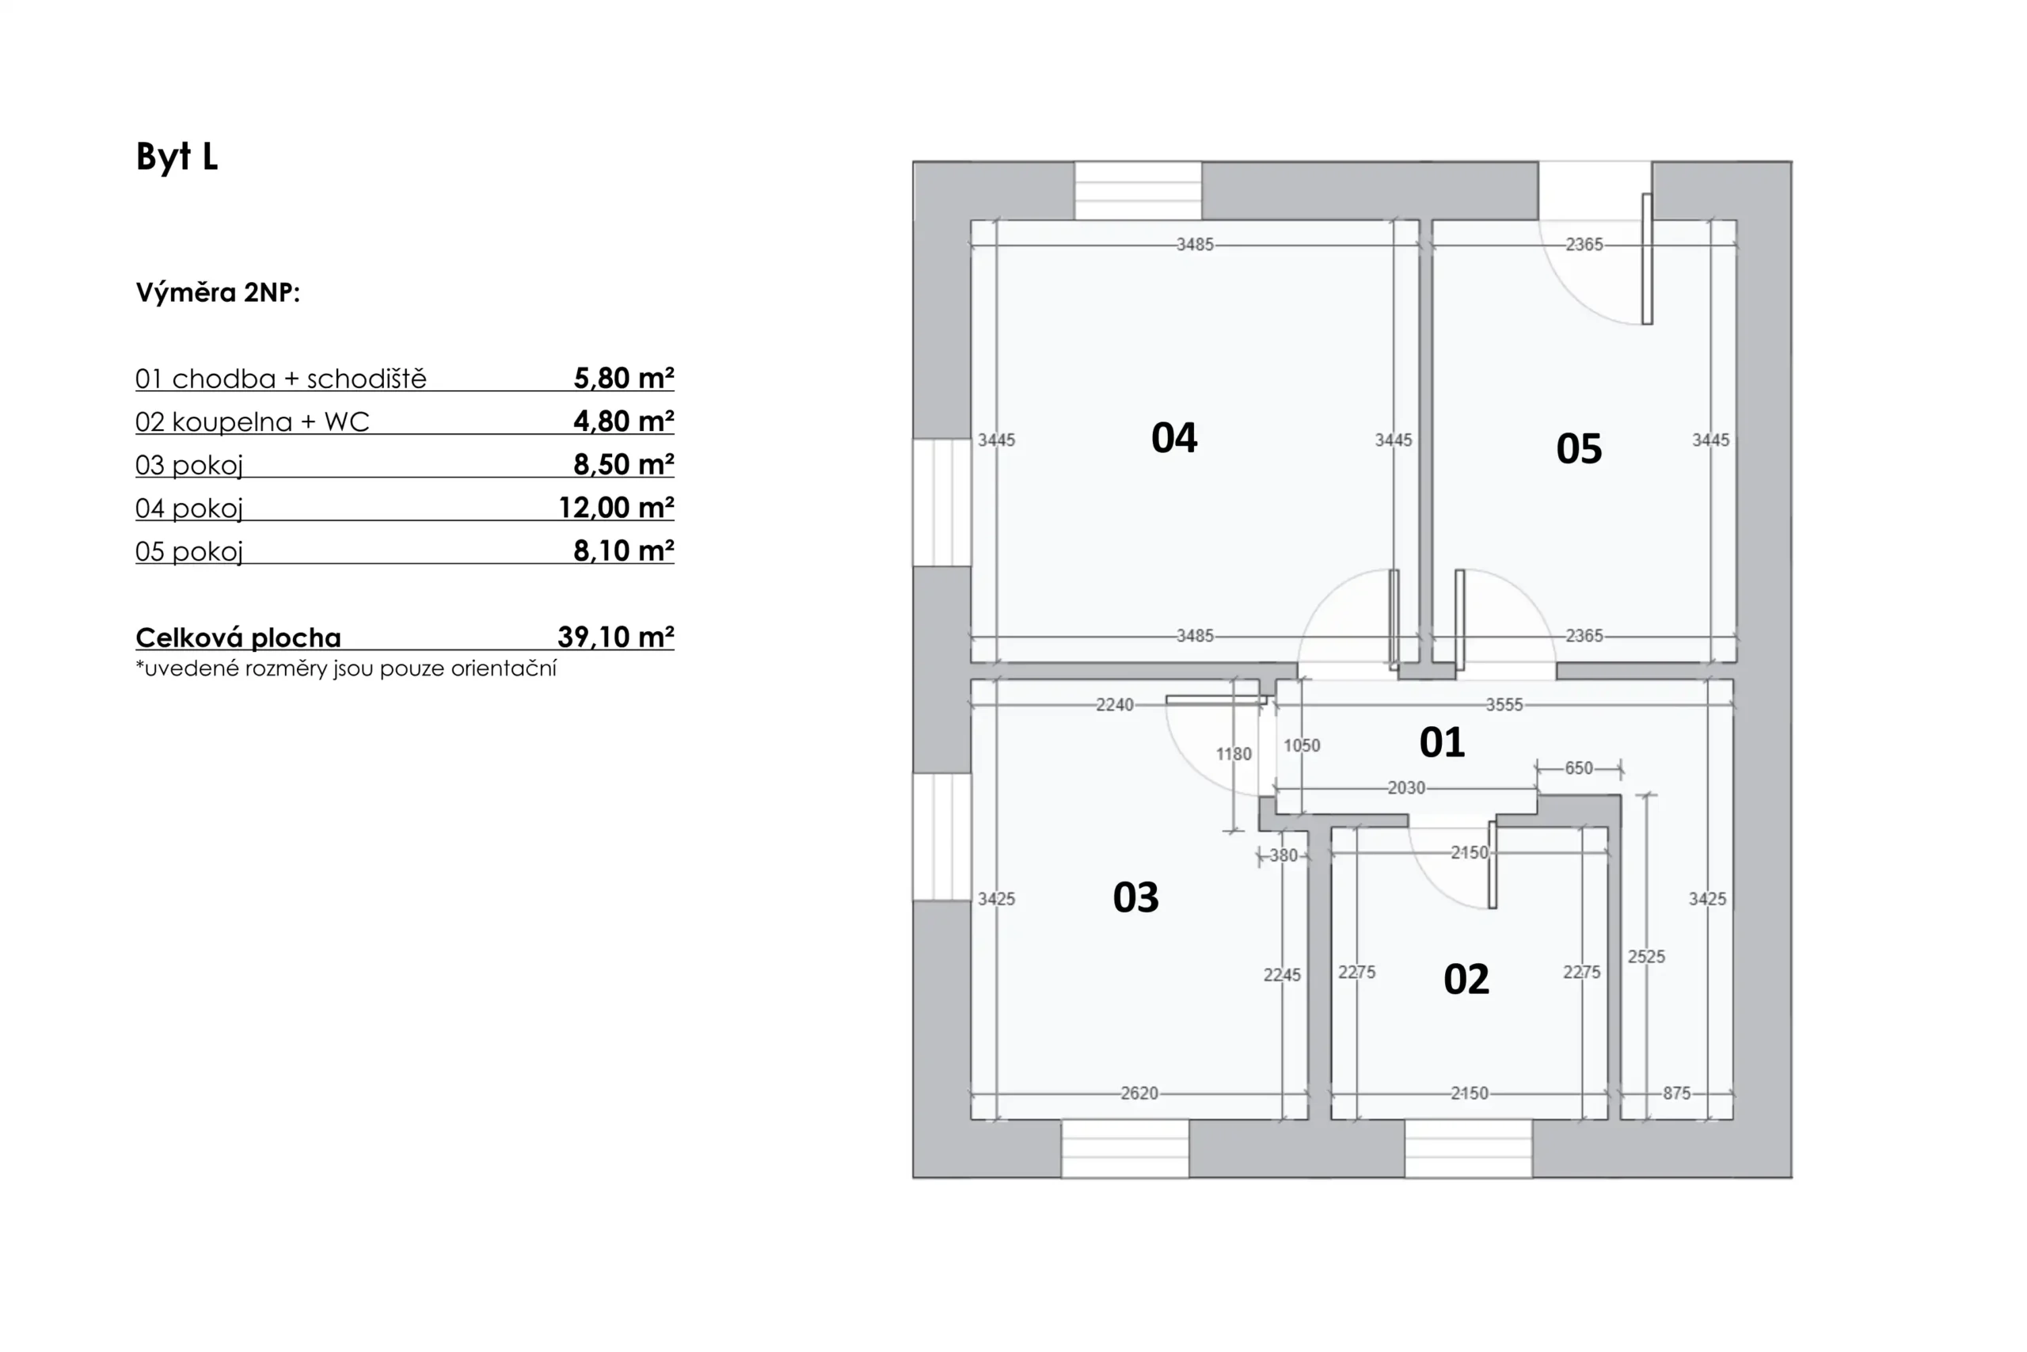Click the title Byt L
pyautogui.click(x=177, y=157)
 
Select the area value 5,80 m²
pyautogui.click(x=623, y=378)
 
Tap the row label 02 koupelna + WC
pyautogui.click(x=252, y=421)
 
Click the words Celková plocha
pyautogui.click(x=238, y=638)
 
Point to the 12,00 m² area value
pyautogui.click(x=615, y=507)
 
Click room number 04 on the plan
pyautogui.click(x=1173, y=438)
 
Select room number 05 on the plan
pyautogui.click(x=1579, y=449)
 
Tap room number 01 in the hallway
pyautogui.click(x=1442, y=742)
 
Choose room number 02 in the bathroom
pyautogui.click(x=1466, y=980)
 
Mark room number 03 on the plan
pyautogui.click(x=1136, y=897)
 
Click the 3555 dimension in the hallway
pyautogui.click(x=1504, y=704)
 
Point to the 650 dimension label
pyautogui.click(x=1579, y=767)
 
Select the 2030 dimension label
pyautogui.click(x=1406, y=787)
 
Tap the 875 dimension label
pyautogui.click(x=1676, y=1093)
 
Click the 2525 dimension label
pyautogui.click(x=1646, y=956)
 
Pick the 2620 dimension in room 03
pyautogui.click(x=1139, y=1093)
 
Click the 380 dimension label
pyautogui.click(x=1284, y=855)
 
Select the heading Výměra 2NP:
pyautogui.click(x=218, y=292)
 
